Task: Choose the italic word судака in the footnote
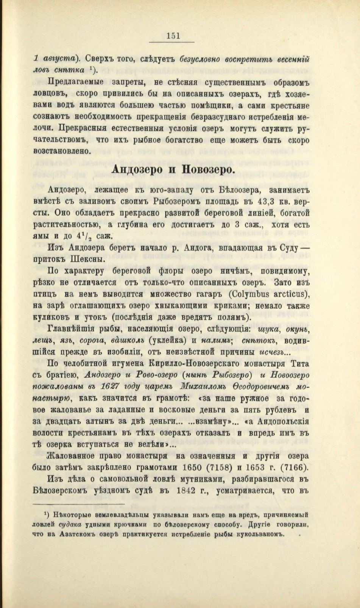[x=70, y=525]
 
